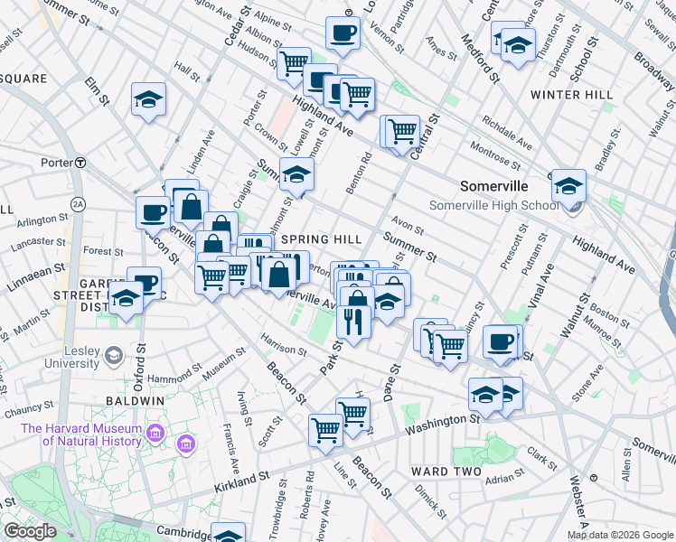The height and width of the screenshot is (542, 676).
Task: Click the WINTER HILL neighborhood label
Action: pyautogui.click(x=571, y=95)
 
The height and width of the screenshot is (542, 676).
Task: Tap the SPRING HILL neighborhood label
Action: pyautogui.click(x=321, y=239)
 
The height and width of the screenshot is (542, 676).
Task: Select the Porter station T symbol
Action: pyautogui.click(x=80, y=163)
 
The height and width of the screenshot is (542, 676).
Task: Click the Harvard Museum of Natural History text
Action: pyautogui.click(x=81, y=435)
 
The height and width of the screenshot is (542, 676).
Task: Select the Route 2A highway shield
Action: pyautogui.click(x=79, y=203)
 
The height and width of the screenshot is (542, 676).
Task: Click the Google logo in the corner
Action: pyautogui.click(x=29, y=531)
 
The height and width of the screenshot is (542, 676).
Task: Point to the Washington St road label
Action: pyautogui.click(x=442, y=421)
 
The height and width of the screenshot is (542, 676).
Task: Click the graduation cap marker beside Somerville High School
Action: pyautogui.click(x=568, y=186)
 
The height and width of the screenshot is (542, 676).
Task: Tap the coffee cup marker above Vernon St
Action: pyautogui.click(x=343, y=33)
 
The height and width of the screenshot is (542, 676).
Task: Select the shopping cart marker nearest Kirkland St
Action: pyautogui.click(x=325, y=430)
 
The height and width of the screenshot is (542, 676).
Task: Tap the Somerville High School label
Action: pyautogui.click(x=493, y=205)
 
